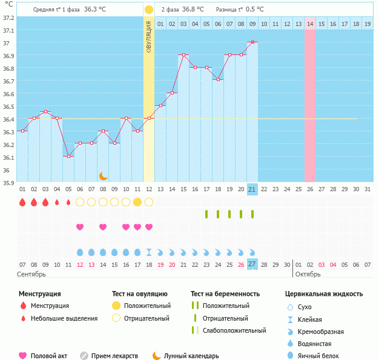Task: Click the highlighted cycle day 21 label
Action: click(252, 189)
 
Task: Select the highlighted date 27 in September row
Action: click(252, 264)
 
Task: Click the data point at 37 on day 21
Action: click(252, 42)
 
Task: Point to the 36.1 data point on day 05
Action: click(68, 156)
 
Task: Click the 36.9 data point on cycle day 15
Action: click(183, 55)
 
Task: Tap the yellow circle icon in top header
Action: click(149, 10)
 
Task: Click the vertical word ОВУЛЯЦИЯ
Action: click(149, 36)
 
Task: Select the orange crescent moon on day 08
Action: click(104, 176)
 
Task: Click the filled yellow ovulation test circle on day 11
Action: click(137, 202)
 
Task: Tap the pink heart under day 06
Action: click(80, 227)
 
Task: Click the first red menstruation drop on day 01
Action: click(22, 202)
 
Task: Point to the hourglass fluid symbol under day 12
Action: click(149, 252)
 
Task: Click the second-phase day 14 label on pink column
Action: click(310, 24)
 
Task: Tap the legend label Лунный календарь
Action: click(193, 356)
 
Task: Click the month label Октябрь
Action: click(309, 274)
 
